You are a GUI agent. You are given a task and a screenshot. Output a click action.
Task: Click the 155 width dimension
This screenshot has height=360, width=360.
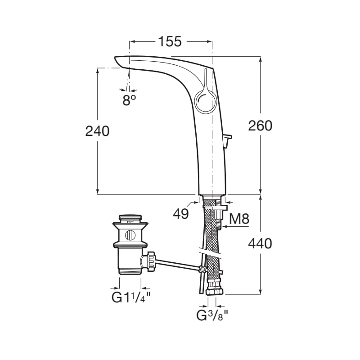[170, 41]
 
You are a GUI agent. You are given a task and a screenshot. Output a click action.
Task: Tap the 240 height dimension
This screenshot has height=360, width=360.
[97, 131]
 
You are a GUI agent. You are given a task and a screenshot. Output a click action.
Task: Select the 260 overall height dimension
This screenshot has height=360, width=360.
[260, 126]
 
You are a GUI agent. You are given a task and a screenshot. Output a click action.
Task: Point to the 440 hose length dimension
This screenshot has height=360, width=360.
[260, 243]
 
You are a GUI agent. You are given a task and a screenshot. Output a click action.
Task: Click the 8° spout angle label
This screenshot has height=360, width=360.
[129, 100]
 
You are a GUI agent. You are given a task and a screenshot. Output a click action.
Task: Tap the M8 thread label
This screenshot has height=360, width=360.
[239, 219]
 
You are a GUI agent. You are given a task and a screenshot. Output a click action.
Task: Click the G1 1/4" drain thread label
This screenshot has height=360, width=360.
[131, 297]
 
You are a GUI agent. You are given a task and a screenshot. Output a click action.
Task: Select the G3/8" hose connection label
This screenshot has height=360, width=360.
[211, 315]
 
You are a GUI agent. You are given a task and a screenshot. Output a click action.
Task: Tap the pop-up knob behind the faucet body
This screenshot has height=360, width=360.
[228, 140]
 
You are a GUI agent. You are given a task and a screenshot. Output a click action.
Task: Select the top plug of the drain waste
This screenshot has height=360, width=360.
[130, 218]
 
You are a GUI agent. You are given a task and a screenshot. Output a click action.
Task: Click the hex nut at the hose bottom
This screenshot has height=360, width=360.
[215, 291]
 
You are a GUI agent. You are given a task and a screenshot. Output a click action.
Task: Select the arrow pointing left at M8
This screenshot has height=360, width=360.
[236, 227]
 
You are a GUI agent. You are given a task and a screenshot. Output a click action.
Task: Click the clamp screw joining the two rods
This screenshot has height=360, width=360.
[202, 269]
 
